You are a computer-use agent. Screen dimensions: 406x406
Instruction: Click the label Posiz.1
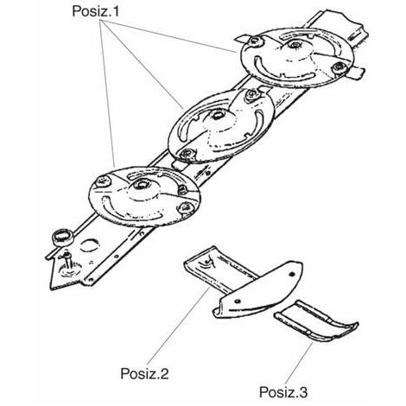[x=95, y=11]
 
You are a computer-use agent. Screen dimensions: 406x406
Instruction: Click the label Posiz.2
[x=144, y=374]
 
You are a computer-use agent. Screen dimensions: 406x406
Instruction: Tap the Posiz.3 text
[x=283, y=392]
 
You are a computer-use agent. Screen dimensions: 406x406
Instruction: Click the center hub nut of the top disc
[x=294, y=45]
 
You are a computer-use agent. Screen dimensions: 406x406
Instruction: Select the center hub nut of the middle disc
[x=217, y=116]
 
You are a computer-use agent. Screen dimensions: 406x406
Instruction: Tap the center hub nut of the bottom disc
[x=141, y=184]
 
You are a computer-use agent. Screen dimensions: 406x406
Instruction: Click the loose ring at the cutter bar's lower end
[x=62, y=237]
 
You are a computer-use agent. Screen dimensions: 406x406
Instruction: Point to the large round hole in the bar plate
[x=90, y=245]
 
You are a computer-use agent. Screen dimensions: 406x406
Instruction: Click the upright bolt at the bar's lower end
[x=68, y=261]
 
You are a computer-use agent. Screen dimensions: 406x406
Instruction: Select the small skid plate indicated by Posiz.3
[x=317, y=322]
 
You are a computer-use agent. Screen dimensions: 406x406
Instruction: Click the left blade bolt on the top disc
[x=255, y=41]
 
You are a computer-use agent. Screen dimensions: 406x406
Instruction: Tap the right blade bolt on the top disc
[x=339, y=68]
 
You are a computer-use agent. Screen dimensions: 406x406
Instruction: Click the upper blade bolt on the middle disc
[x=252, y=94]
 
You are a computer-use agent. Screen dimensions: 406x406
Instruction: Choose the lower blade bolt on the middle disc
[x=187, y=154]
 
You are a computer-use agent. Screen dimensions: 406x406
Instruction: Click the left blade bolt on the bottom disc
[x=103, y=181]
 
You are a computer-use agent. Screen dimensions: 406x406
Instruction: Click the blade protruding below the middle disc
[x=181, y=165]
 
